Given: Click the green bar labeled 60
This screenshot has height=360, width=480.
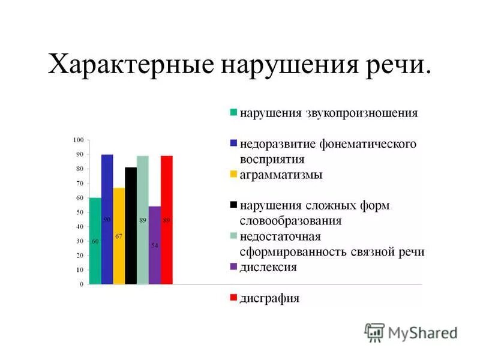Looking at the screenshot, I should [x=95, y=240].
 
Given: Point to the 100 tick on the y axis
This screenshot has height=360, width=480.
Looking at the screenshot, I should [x=79, y=140].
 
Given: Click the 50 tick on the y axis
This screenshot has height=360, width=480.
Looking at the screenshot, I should [x=80, y=212].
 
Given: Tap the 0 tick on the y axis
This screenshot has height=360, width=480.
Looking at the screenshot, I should [x=82, y=284].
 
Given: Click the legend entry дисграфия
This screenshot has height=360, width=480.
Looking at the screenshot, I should [x=269, y=298].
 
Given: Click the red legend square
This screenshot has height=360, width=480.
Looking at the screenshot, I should [x=233, y=297].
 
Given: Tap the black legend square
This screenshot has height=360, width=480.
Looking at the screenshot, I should [x=233, y=205].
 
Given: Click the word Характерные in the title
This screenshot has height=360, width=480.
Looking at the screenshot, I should [x=128, y=64].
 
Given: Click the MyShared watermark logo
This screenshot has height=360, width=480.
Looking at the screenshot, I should [x=412, y=332].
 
